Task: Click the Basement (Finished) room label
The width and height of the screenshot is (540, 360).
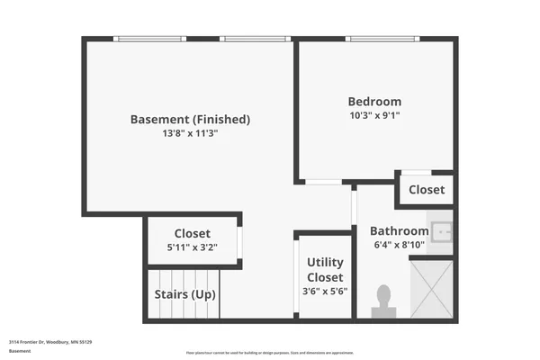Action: point(190,119)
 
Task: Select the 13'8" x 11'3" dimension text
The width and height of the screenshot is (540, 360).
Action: point(190,133)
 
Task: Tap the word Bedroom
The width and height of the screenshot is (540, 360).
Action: point(374,102)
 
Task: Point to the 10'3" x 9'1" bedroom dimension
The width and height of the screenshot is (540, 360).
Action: point(374,115)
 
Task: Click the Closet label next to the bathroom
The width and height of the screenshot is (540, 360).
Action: point(426,190)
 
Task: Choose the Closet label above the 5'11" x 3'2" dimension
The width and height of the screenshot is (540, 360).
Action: point(192,233)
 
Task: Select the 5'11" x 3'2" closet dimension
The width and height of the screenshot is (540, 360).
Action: point(192,247)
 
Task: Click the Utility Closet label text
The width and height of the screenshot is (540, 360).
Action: point(325,269)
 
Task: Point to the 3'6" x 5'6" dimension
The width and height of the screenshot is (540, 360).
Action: point(325,291)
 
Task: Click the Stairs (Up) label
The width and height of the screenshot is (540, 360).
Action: point(183,294)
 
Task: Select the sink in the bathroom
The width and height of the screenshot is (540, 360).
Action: point(441,233)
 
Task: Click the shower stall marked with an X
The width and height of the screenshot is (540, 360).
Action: point(431,287)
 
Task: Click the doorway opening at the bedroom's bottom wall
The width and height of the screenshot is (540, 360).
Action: point(323,183)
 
